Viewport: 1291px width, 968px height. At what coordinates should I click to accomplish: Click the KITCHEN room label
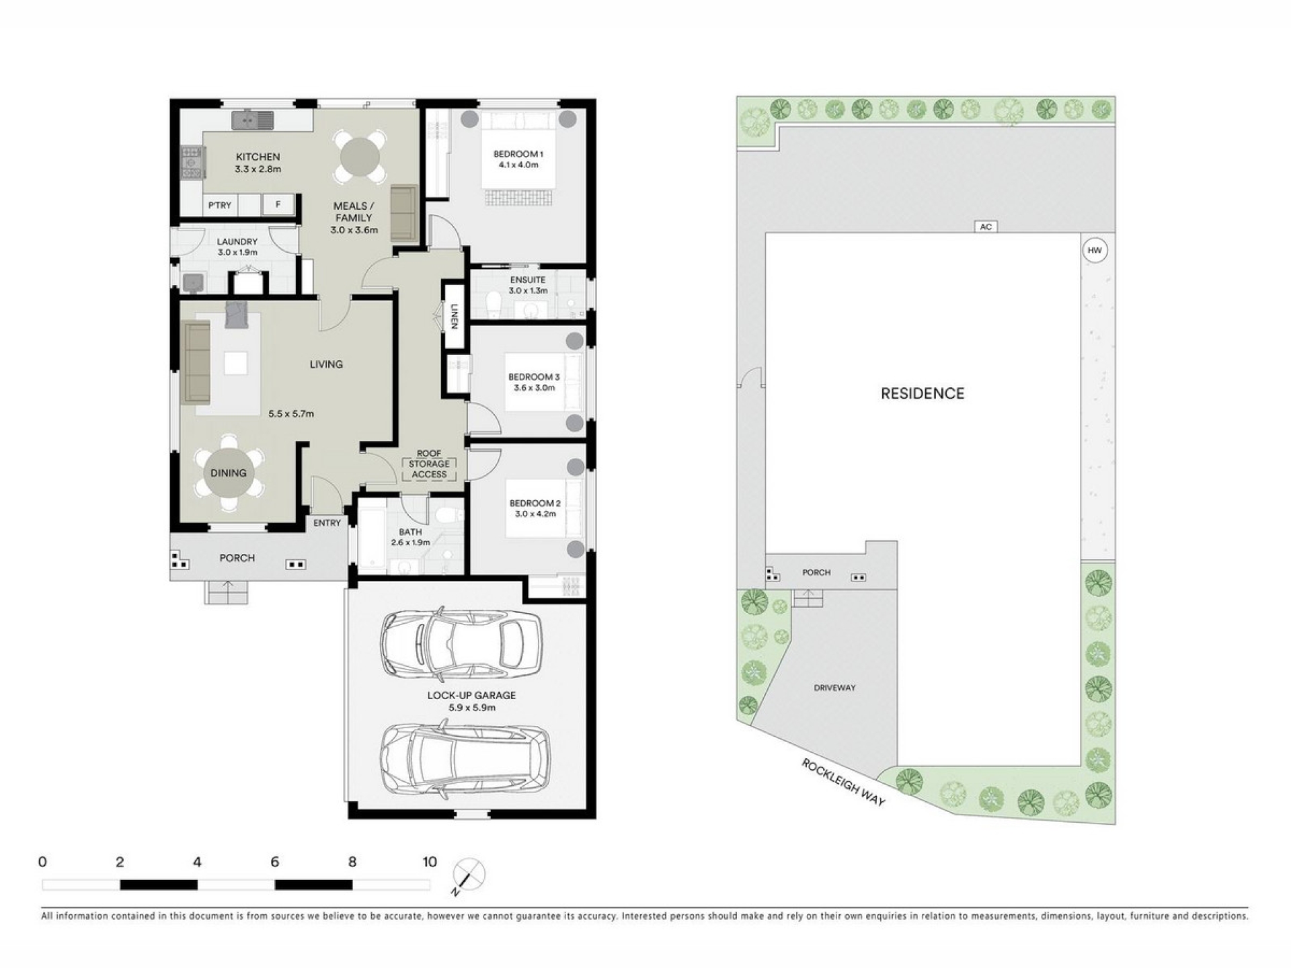(258, 157)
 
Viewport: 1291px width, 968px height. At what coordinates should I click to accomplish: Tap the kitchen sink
(253, 120)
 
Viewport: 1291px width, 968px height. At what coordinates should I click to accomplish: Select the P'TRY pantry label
(220, 205)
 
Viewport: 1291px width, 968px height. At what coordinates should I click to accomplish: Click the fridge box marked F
(278, 204)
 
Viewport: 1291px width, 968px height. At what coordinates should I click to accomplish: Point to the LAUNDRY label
(237, 241)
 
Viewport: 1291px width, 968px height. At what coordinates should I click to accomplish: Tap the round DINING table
(229, 473)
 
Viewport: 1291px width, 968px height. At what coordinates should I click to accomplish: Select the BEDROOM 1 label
(518, 154)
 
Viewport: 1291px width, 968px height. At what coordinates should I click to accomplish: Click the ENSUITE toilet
(494, 304)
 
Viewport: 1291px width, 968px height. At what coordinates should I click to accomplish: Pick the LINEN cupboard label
(455, 317)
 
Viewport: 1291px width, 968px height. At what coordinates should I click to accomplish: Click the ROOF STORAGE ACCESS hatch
(429, 469)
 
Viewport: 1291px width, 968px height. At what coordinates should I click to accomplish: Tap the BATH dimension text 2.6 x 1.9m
(410, 542)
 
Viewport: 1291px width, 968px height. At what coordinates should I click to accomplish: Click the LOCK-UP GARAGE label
(471, 696)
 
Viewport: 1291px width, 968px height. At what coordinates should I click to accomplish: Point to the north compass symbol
(469, 875)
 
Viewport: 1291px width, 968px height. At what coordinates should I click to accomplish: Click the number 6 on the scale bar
(274, 862)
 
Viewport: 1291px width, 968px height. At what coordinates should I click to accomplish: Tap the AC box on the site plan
(986, 227)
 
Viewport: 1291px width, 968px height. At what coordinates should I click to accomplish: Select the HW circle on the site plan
(1095, 251)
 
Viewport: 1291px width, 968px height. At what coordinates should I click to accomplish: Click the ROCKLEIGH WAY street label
(843, 782)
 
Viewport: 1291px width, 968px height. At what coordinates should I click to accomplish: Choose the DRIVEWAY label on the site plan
(834, 688)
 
